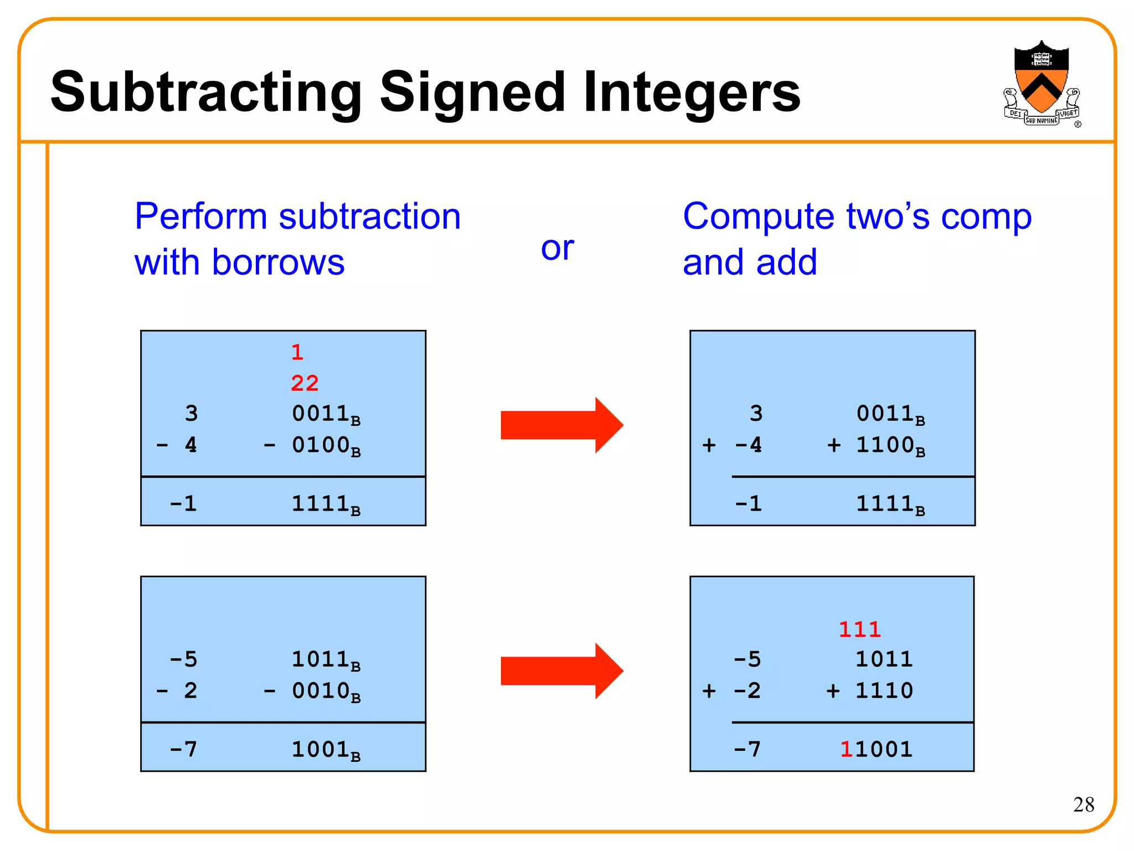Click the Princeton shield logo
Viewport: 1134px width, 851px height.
coord(1041,83)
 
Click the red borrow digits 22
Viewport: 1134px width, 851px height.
coord(305,383)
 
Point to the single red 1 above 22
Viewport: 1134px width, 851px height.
coord(297,352)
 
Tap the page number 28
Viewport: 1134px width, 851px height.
coord(1083,804)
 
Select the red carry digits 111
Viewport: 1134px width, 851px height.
coord(859,630)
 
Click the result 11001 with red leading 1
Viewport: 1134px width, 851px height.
coord(876,749)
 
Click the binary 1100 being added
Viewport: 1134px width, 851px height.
coord(885,445)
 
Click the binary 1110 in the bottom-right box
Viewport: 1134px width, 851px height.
coord(884,691)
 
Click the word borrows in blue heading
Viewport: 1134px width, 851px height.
coord(278,262)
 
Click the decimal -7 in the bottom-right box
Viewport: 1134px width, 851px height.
coord(748,750)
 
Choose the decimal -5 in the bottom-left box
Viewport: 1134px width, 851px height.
coord(184,659)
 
